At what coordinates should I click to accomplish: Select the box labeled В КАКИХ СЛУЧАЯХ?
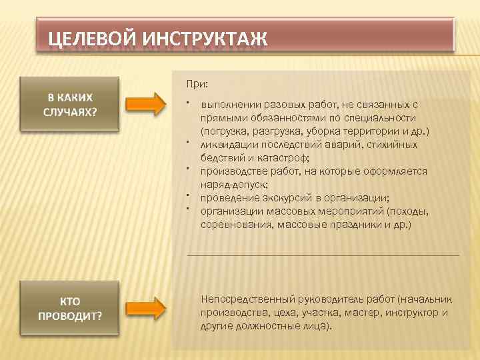coord(70,104)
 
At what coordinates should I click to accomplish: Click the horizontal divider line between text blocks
coord(323,255)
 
